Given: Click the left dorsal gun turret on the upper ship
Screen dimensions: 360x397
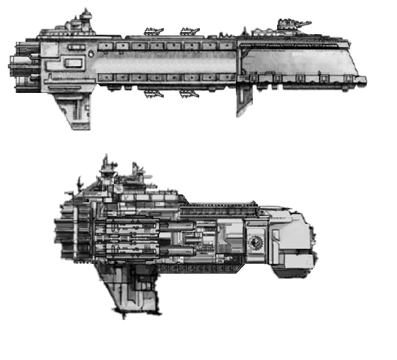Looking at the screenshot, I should pos(154,31).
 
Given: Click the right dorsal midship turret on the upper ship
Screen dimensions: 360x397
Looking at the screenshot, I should pos(190,31).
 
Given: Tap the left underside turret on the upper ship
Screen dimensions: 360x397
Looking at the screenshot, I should pos(154,94).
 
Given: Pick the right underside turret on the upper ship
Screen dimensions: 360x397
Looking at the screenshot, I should pos(189,94).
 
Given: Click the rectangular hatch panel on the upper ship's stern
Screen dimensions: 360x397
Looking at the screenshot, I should pos(73,63).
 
